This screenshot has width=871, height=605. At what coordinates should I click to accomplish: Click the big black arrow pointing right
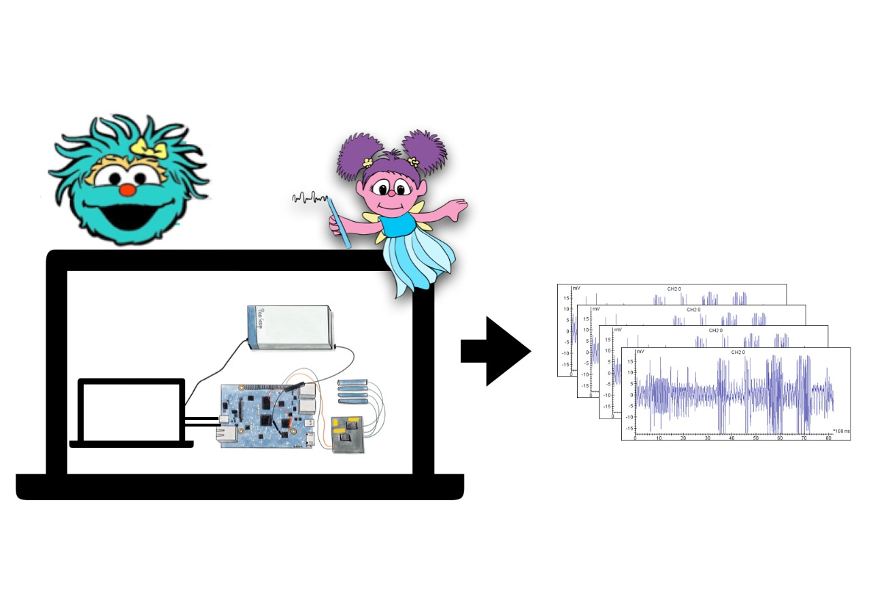click(x=495, y=352)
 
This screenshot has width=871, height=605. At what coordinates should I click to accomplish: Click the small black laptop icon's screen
click(x=132, y=410)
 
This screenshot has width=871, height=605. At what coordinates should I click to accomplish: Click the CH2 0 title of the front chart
click(x=738, y=353)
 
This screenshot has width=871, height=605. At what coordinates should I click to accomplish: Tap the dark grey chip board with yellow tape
click(x=347, y=434)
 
